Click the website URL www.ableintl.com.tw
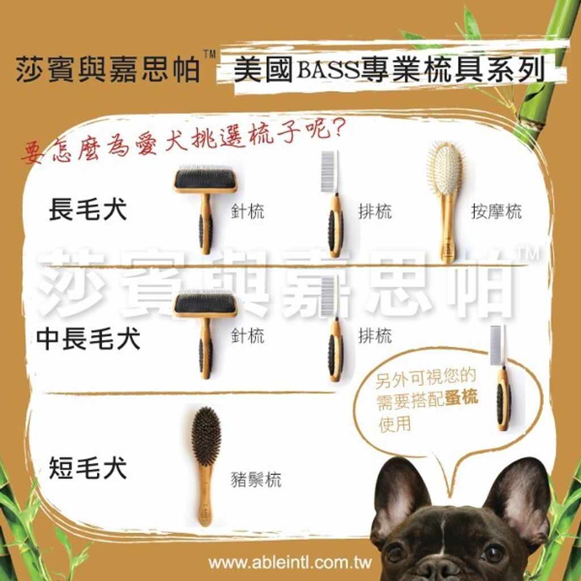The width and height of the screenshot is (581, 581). [x=290, y=563]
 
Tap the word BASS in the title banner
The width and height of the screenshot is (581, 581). [x=329, y=70]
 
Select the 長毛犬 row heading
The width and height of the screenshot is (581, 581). [x=88, y=210]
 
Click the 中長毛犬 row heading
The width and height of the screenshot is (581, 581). [x=88, y=339]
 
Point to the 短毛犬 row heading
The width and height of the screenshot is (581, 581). [x=88, y=468]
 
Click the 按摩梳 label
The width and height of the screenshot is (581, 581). [x=496, y=212]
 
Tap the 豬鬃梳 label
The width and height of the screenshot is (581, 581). [x=256, y=479]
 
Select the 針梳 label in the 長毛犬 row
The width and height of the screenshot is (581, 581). [x=247, y=212]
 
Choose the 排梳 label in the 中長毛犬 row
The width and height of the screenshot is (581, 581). [x=374, y=336]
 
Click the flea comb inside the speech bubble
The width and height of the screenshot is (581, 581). [x=500, y=377]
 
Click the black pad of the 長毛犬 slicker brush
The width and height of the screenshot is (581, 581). [x=204, y=179]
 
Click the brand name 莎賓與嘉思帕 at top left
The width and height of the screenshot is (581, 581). [x=108, y=69]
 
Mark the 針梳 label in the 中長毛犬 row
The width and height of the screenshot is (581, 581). [x=247, y=336]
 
